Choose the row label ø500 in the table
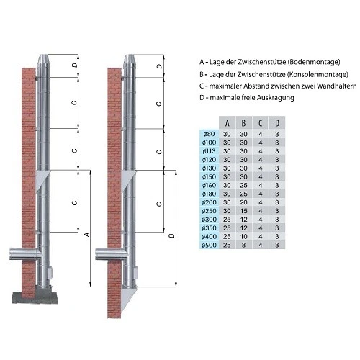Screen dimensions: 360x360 pyautogui.click(x=210, y=246)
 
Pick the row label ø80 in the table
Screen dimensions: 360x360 pyautogui.click(x=210, y=133)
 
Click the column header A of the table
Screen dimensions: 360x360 pyautogui.click(x=228, y=122)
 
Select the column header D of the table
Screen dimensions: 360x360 pyautogui.click(x=277, y=122)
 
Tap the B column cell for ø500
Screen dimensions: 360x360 pyautogui.click(x=244, y=246)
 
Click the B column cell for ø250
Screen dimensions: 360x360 pyautogui.click(x=244, y=211)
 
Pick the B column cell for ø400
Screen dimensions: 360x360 pyautogui.click(x=244, y=237)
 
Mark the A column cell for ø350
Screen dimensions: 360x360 pyautogui.click(x=228, y=228)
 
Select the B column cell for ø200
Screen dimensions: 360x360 pyautogui.click(x=244, y=202)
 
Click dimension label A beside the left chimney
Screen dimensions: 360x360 pyautogui.click(x=87, y=234)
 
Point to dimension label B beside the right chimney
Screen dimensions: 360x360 pyautogui.click(x=171, y=235)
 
